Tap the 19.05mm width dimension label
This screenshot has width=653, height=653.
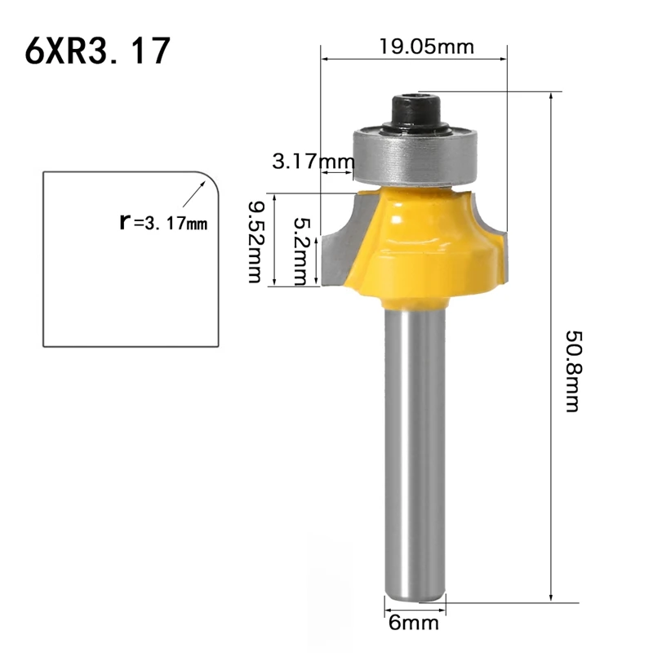425,46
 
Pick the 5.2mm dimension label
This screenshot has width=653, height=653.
300,251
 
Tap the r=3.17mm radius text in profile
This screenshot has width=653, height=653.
164,220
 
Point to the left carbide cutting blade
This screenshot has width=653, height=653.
337,245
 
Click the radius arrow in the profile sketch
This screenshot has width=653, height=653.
193,195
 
